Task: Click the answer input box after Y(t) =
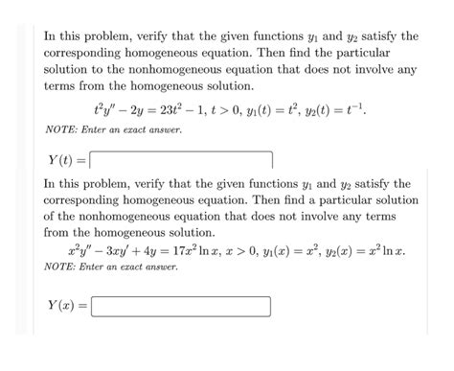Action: [182, 159]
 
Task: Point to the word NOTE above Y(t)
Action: [62, 129]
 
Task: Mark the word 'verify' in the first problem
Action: [170, 36]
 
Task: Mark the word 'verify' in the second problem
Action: [170, 183]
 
